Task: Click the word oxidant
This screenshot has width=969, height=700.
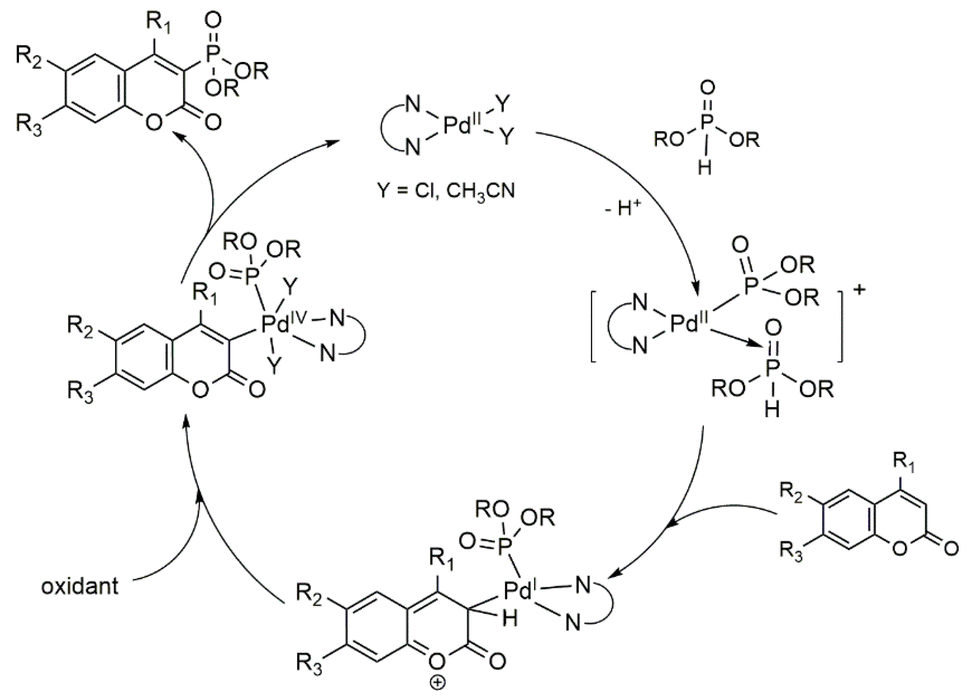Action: point(80,586)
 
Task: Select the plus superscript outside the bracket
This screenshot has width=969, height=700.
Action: point(859,289)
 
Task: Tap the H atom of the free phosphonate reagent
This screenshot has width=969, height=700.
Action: point(704,167)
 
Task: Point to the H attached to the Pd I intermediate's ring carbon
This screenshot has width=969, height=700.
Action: point(510,618)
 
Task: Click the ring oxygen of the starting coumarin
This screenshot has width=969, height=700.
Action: point(899,548)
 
